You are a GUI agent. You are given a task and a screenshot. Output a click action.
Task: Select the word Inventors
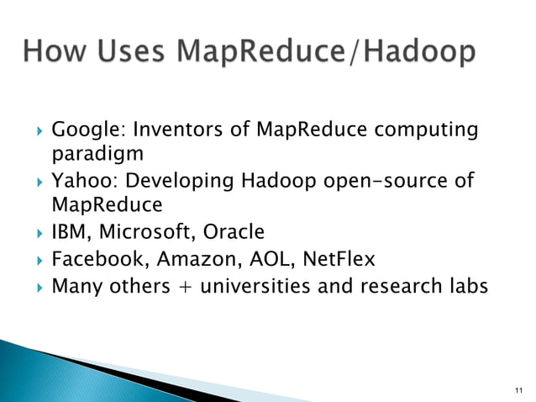(x=178, y=130)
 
